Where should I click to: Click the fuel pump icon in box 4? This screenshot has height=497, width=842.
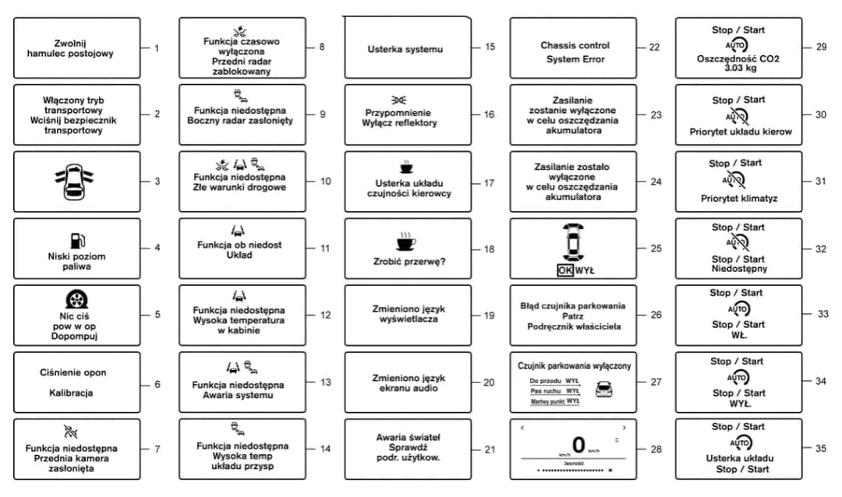[76, 241]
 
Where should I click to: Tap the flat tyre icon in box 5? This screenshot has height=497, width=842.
[76, 300]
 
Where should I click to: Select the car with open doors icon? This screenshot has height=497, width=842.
[76, 181]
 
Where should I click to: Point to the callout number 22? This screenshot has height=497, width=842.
[653, 47]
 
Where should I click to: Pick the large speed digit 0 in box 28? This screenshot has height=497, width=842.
[578, 445]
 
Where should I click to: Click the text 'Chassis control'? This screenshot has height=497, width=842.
[575, 45]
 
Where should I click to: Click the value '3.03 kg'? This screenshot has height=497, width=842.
[738, 69]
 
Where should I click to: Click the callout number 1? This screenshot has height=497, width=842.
[156, 48]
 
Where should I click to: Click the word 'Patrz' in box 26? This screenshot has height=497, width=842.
[572, 316]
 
